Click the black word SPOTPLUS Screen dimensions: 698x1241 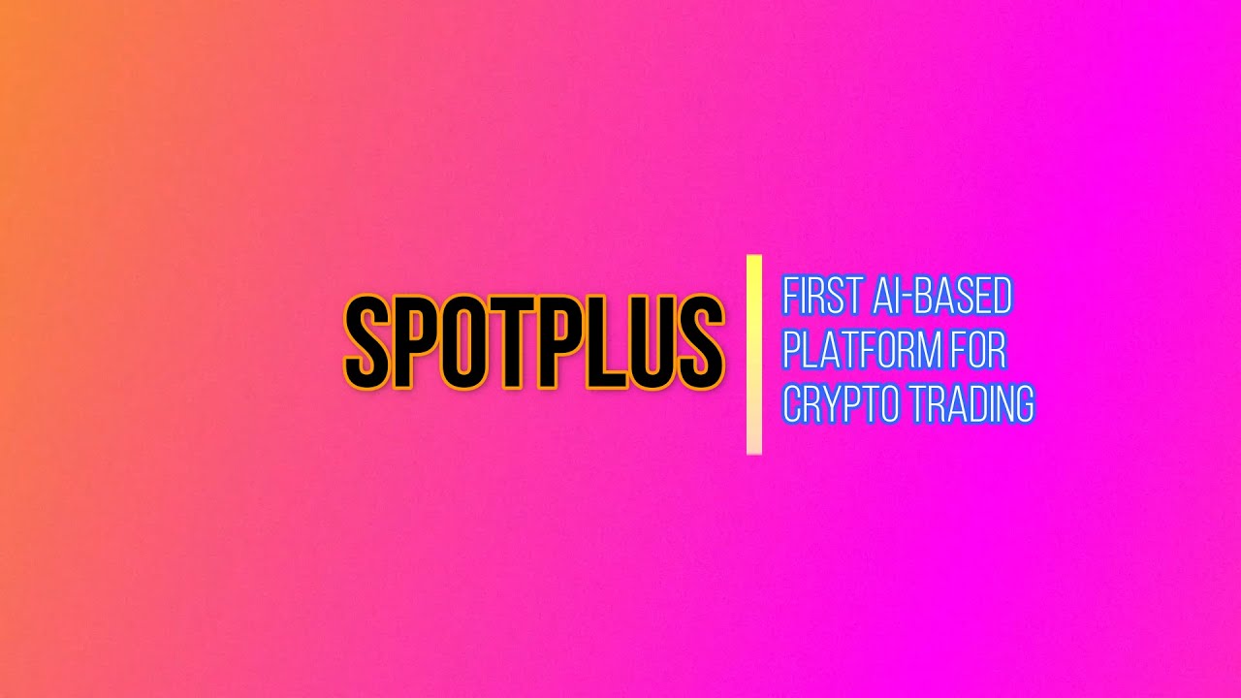coord(534,342)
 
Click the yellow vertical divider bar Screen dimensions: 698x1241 coord(753,354)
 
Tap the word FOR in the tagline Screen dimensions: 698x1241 coord(978,350)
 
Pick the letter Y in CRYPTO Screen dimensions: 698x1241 coord(835,403)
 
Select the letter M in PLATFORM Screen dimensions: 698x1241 coord(926,350)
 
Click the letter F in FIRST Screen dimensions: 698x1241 coord(790,297)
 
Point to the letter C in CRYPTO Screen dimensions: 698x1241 coord(791,403)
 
